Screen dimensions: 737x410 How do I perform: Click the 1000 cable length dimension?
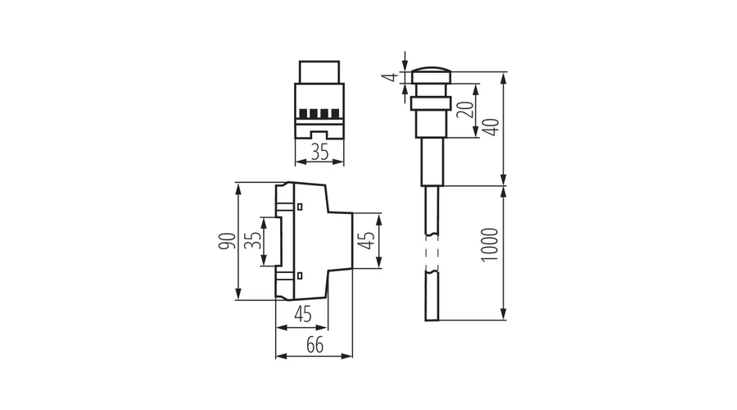pyautogui.click(x=490, y=245)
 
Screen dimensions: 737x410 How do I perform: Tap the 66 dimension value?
pyautogui.click(x=315, y=345)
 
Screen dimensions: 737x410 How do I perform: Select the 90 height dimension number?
pyautogui.click(x=227, y=241)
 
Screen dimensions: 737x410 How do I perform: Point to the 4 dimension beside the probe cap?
pyautogui.click(x=392, y=77)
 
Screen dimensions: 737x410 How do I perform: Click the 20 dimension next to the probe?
pyautogui.click(x=465, y=110)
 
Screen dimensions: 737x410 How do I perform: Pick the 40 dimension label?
pyautogui.click(x=491, y=127)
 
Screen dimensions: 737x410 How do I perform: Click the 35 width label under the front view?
pyautogui.click(x=319, y=152)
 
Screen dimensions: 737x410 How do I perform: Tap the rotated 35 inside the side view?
pyautogui.click(x=254, y=240)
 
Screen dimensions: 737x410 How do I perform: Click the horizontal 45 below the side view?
pyautogui.click(x=302, y=314)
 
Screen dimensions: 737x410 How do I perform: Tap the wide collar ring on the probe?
pyautogui.click(x=431, y=103)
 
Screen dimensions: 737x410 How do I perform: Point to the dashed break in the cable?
pyautogui.click(x=432, y=253)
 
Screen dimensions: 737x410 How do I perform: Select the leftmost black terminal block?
pyautogui.click(x=304, y=113)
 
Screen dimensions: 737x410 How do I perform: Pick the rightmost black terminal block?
pyautogui.click(x=335, y=113)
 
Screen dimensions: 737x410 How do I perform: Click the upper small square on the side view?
pyautogui.click(x=300, y=206)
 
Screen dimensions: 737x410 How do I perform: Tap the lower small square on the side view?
pyautogui.click(x=300, y=276)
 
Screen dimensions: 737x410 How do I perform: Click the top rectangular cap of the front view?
pyautogui.click(x=319, y=72)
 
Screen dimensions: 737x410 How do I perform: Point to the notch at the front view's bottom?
pyautogui.click(x=319, y=134)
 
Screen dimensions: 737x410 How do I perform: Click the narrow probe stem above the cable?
pyautogui.click(x=432, y=162)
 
